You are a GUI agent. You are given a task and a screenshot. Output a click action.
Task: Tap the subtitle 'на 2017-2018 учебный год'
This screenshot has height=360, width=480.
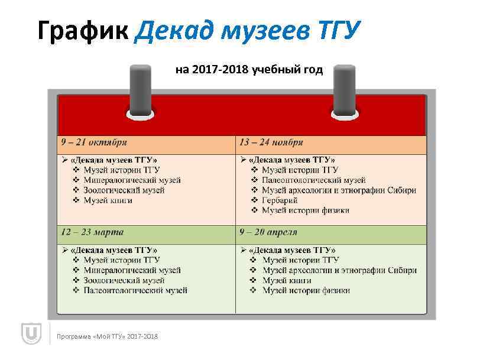point(249,70)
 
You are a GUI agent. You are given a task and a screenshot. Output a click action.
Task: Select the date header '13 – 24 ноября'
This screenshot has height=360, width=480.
point(271,142)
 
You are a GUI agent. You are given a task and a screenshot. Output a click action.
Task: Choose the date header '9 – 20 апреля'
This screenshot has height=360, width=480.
point(267,232)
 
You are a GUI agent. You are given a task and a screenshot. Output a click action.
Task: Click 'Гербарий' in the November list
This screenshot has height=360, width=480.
point(280,200)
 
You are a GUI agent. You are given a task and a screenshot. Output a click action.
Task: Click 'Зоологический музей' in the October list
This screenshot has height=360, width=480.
point(124,190)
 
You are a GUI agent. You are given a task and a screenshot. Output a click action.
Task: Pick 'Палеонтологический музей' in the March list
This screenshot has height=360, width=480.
point(135,290)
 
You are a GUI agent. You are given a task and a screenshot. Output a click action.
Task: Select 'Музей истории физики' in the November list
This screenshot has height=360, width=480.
point(306,210)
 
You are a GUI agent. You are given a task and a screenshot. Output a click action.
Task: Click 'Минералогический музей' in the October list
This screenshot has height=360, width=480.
point(132,180)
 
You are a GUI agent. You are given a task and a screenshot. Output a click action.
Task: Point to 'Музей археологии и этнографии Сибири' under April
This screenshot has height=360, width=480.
point(339,270)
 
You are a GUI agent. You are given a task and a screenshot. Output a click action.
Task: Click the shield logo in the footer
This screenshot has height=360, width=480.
point(30,335)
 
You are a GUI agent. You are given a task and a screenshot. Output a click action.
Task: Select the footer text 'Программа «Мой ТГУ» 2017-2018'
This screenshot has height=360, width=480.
point(107,336)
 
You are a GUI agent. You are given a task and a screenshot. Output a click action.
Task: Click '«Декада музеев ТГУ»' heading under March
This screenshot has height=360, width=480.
point(113,250)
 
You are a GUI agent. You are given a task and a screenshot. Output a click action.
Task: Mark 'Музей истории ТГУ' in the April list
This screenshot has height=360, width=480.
point(300,260)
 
